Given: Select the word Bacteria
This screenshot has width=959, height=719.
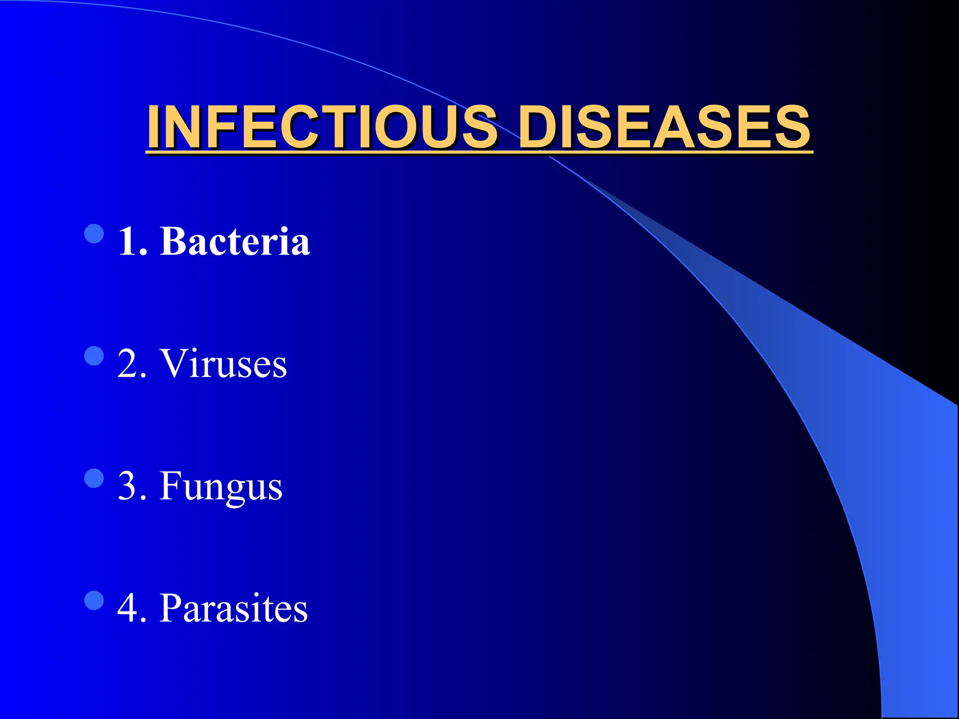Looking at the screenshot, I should point(235,242).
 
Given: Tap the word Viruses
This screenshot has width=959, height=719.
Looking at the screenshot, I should point(223,364).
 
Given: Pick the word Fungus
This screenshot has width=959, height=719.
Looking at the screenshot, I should point(221,487).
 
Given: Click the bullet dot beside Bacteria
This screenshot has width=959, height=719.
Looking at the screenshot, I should point(94,234).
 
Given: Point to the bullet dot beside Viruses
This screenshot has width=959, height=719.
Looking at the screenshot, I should point(94,356).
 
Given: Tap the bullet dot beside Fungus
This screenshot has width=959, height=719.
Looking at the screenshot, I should point(94,478).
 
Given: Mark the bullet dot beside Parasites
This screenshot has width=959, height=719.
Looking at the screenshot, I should point(94,601).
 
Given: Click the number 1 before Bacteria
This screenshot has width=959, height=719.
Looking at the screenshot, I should point(127,242).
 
